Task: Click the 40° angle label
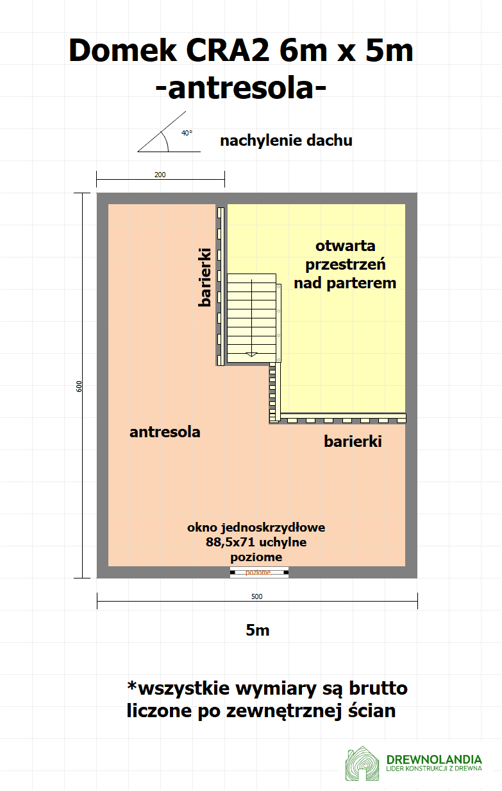click(187, 133)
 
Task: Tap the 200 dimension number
click(160, 175)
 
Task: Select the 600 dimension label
click(79, 387)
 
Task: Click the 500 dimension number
click(256, 596)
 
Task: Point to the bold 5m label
click(258, 630)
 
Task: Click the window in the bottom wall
click(259, 573)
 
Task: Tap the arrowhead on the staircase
click(251, 354)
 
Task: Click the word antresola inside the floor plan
click(165, 432)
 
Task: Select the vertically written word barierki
click(205, 277)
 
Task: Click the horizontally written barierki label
click(353, 441)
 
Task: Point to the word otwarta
click(345, 246)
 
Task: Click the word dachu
click(330, 141)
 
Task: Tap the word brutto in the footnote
click(378, 688)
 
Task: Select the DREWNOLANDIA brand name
click(434, 759)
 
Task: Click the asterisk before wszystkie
click(132, 685)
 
